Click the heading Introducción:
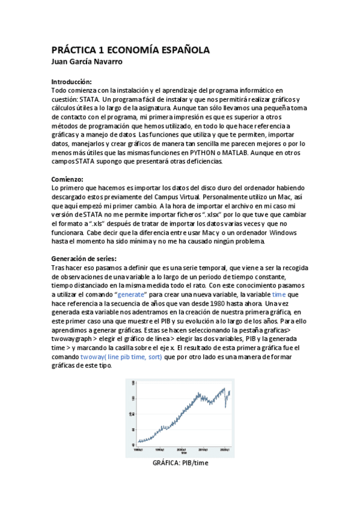(x=72, y=81)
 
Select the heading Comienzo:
(x=67, y=179)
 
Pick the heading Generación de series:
(x=84, y=259)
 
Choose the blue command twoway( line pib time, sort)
(x=121, y=357)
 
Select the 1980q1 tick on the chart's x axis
(x=138, y=449)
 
